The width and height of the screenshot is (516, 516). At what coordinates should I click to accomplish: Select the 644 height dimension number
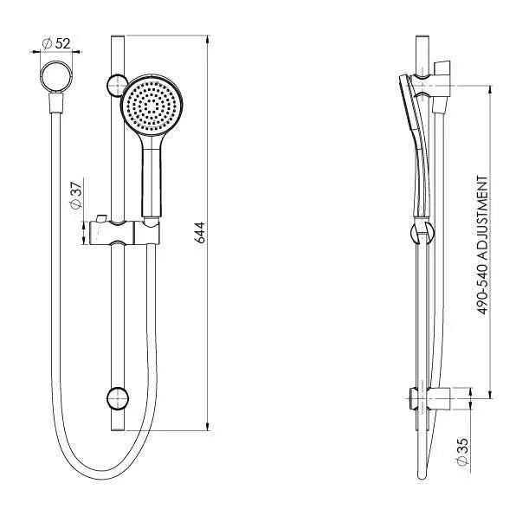199,232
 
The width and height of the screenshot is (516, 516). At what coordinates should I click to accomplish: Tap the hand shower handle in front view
151,177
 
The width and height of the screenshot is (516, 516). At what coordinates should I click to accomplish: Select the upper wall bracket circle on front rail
115,84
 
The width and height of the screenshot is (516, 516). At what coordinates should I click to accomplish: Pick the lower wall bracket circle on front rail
116,398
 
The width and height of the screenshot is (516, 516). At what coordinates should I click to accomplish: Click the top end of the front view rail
118,39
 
